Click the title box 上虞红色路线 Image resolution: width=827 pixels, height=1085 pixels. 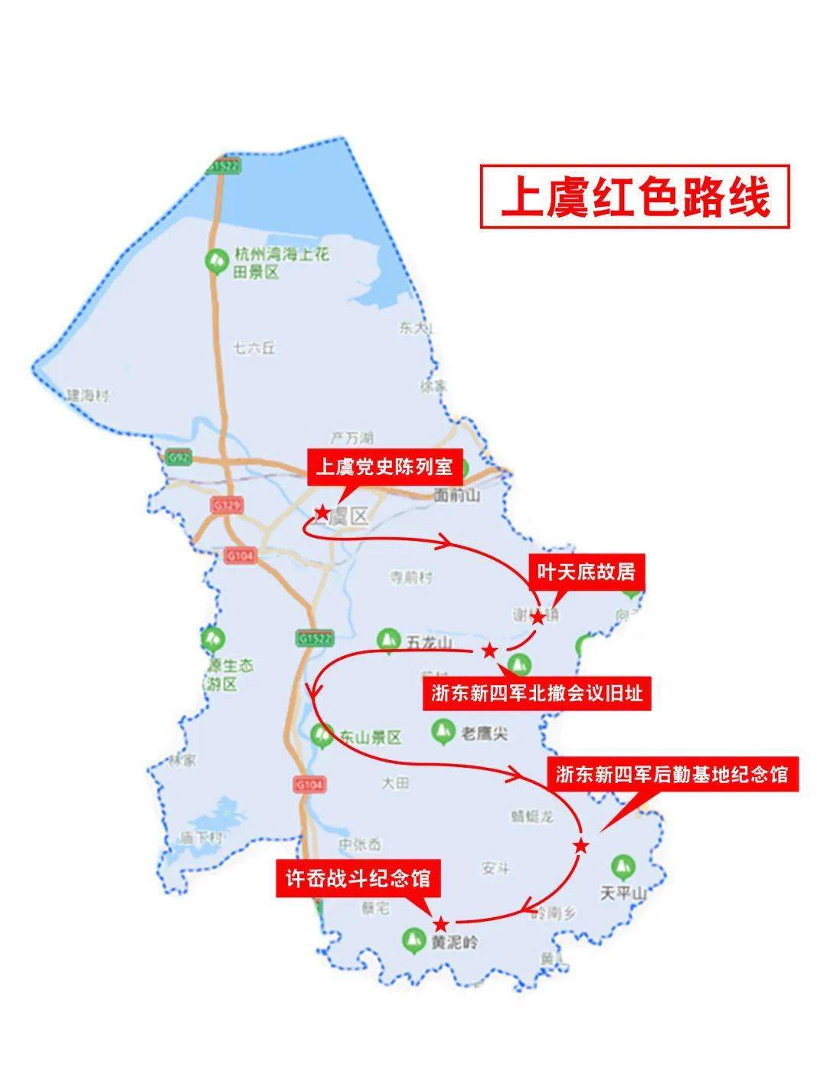click(x=634, y=196)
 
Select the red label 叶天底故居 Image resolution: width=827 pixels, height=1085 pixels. click(x=586, y=572)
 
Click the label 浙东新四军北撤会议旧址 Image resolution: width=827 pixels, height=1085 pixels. click(x=536, y=693)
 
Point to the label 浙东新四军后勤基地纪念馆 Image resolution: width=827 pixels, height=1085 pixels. click(x=672, y=775)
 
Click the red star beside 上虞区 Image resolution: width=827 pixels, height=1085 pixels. click(x=322, y=512)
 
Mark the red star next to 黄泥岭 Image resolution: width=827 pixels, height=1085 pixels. click(x=440, y=923)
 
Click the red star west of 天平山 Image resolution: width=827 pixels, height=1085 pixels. click(x=581, y=845)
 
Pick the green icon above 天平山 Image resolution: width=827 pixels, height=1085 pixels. click(x=623, y=867)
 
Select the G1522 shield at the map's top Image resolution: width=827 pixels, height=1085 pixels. click(x=224, y=166)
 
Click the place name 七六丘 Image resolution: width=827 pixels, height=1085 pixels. click(x=254, y=349)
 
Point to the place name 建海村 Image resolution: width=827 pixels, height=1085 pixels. click(x=87, y=396)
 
